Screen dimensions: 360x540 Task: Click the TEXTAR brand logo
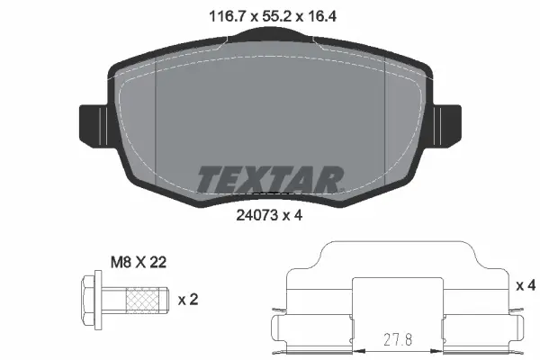(270, 178)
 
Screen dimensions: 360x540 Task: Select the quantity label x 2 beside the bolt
(188, 299)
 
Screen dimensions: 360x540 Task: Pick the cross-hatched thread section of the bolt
(144, 299)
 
